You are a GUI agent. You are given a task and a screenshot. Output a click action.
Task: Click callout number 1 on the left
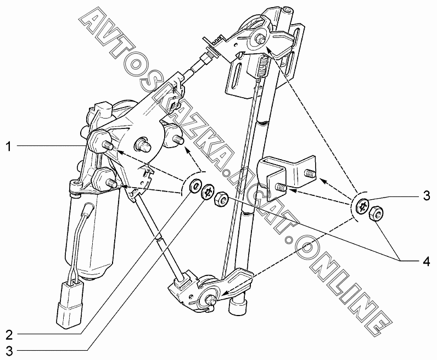point(9,146)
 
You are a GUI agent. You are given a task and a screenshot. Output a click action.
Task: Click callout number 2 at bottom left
point(9,335)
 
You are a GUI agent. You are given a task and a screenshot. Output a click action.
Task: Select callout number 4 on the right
point(427,261)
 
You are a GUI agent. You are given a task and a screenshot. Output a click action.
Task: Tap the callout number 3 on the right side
point(427,195)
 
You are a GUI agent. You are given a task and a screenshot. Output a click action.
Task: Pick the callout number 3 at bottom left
point(9,351)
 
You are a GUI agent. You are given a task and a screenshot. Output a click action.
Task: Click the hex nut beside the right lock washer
point(376,213)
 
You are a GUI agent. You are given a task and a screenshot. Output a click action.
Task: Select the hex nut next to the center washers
point(221,198)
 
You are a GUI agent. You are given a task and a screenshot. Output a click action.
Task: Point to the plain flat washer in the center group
point(194,186)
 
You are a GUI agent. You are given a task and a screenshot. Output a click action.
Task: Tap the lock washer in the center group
point(208,192)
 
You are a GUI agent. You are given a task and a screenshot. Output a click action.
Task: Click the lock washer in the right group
point(363,206)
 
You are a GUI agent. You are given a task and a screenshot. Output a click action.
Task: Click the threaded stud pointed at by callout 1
point(109,145)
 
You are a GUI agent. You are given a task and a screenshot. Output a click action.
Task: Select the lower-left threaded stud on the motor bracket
point(111,183)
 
